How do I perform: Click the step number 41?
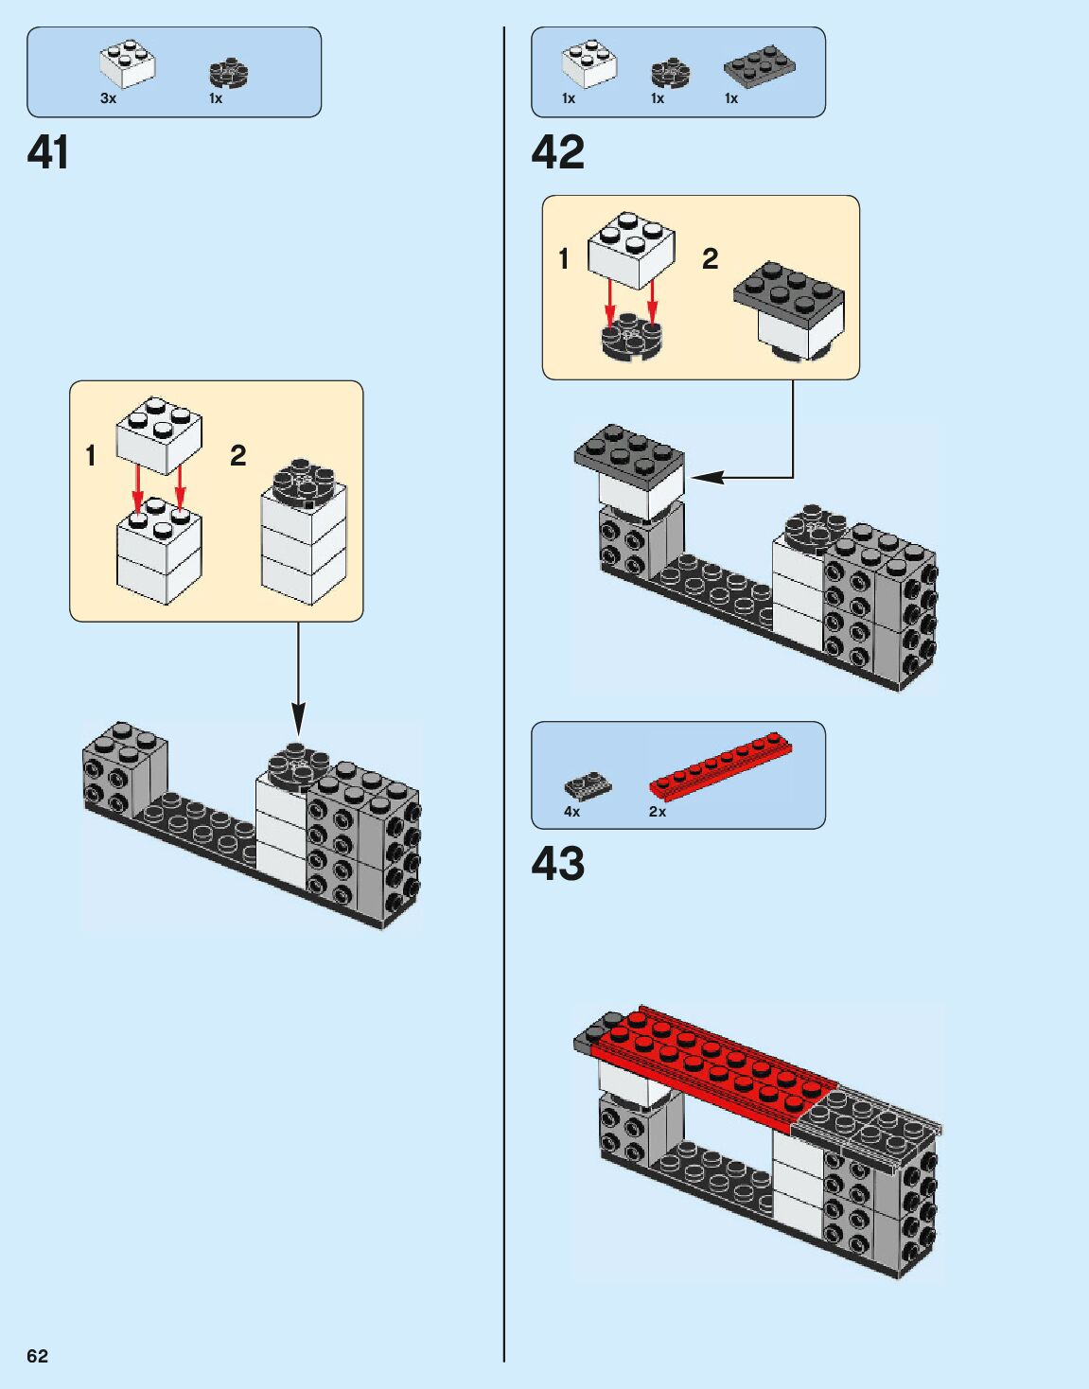point(48,152)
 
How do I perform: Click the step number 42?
point(558,152)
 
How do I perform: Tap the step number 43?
point(558,864)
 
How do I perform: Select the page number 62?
point(37,1356)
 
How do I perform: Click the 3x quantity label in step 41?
point(108,98)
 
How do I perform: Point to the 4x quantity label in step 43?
point(571,812)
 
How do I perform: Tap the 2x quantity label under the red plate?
point(658,812)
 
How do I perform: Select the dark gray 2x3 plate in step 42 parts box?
point(759,65)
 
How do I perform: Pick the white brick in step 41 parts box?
point(128,64)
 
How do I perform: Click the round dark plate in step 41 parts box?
point(228,74)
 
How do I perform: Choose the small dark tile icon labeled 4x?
point(588,785)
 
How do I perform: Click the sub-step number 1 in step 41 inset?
point(91,456)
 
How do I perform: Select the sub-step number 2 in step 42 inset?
point(710,258)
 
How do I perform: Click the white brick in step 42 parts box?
point(588,64)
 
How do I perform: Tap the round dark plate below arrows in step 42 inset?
point(631,339)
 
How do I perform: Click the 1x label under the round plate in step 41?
point(216,98)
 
